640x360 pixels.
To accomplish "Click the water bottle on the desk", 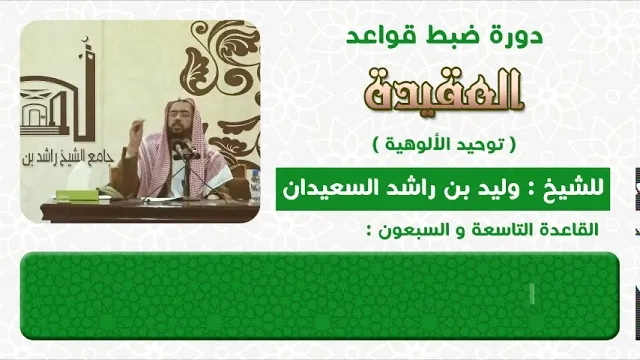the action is point(256,187).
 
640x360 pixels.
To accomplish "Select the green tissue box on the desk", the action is point(77,195).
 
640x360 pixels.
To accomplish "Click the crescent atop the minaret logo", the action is point(85,39).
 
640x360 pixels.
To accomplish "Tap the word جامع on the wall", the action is point(100,159).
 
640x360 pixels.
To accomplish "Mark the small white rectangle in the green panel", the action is point(532,294).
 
